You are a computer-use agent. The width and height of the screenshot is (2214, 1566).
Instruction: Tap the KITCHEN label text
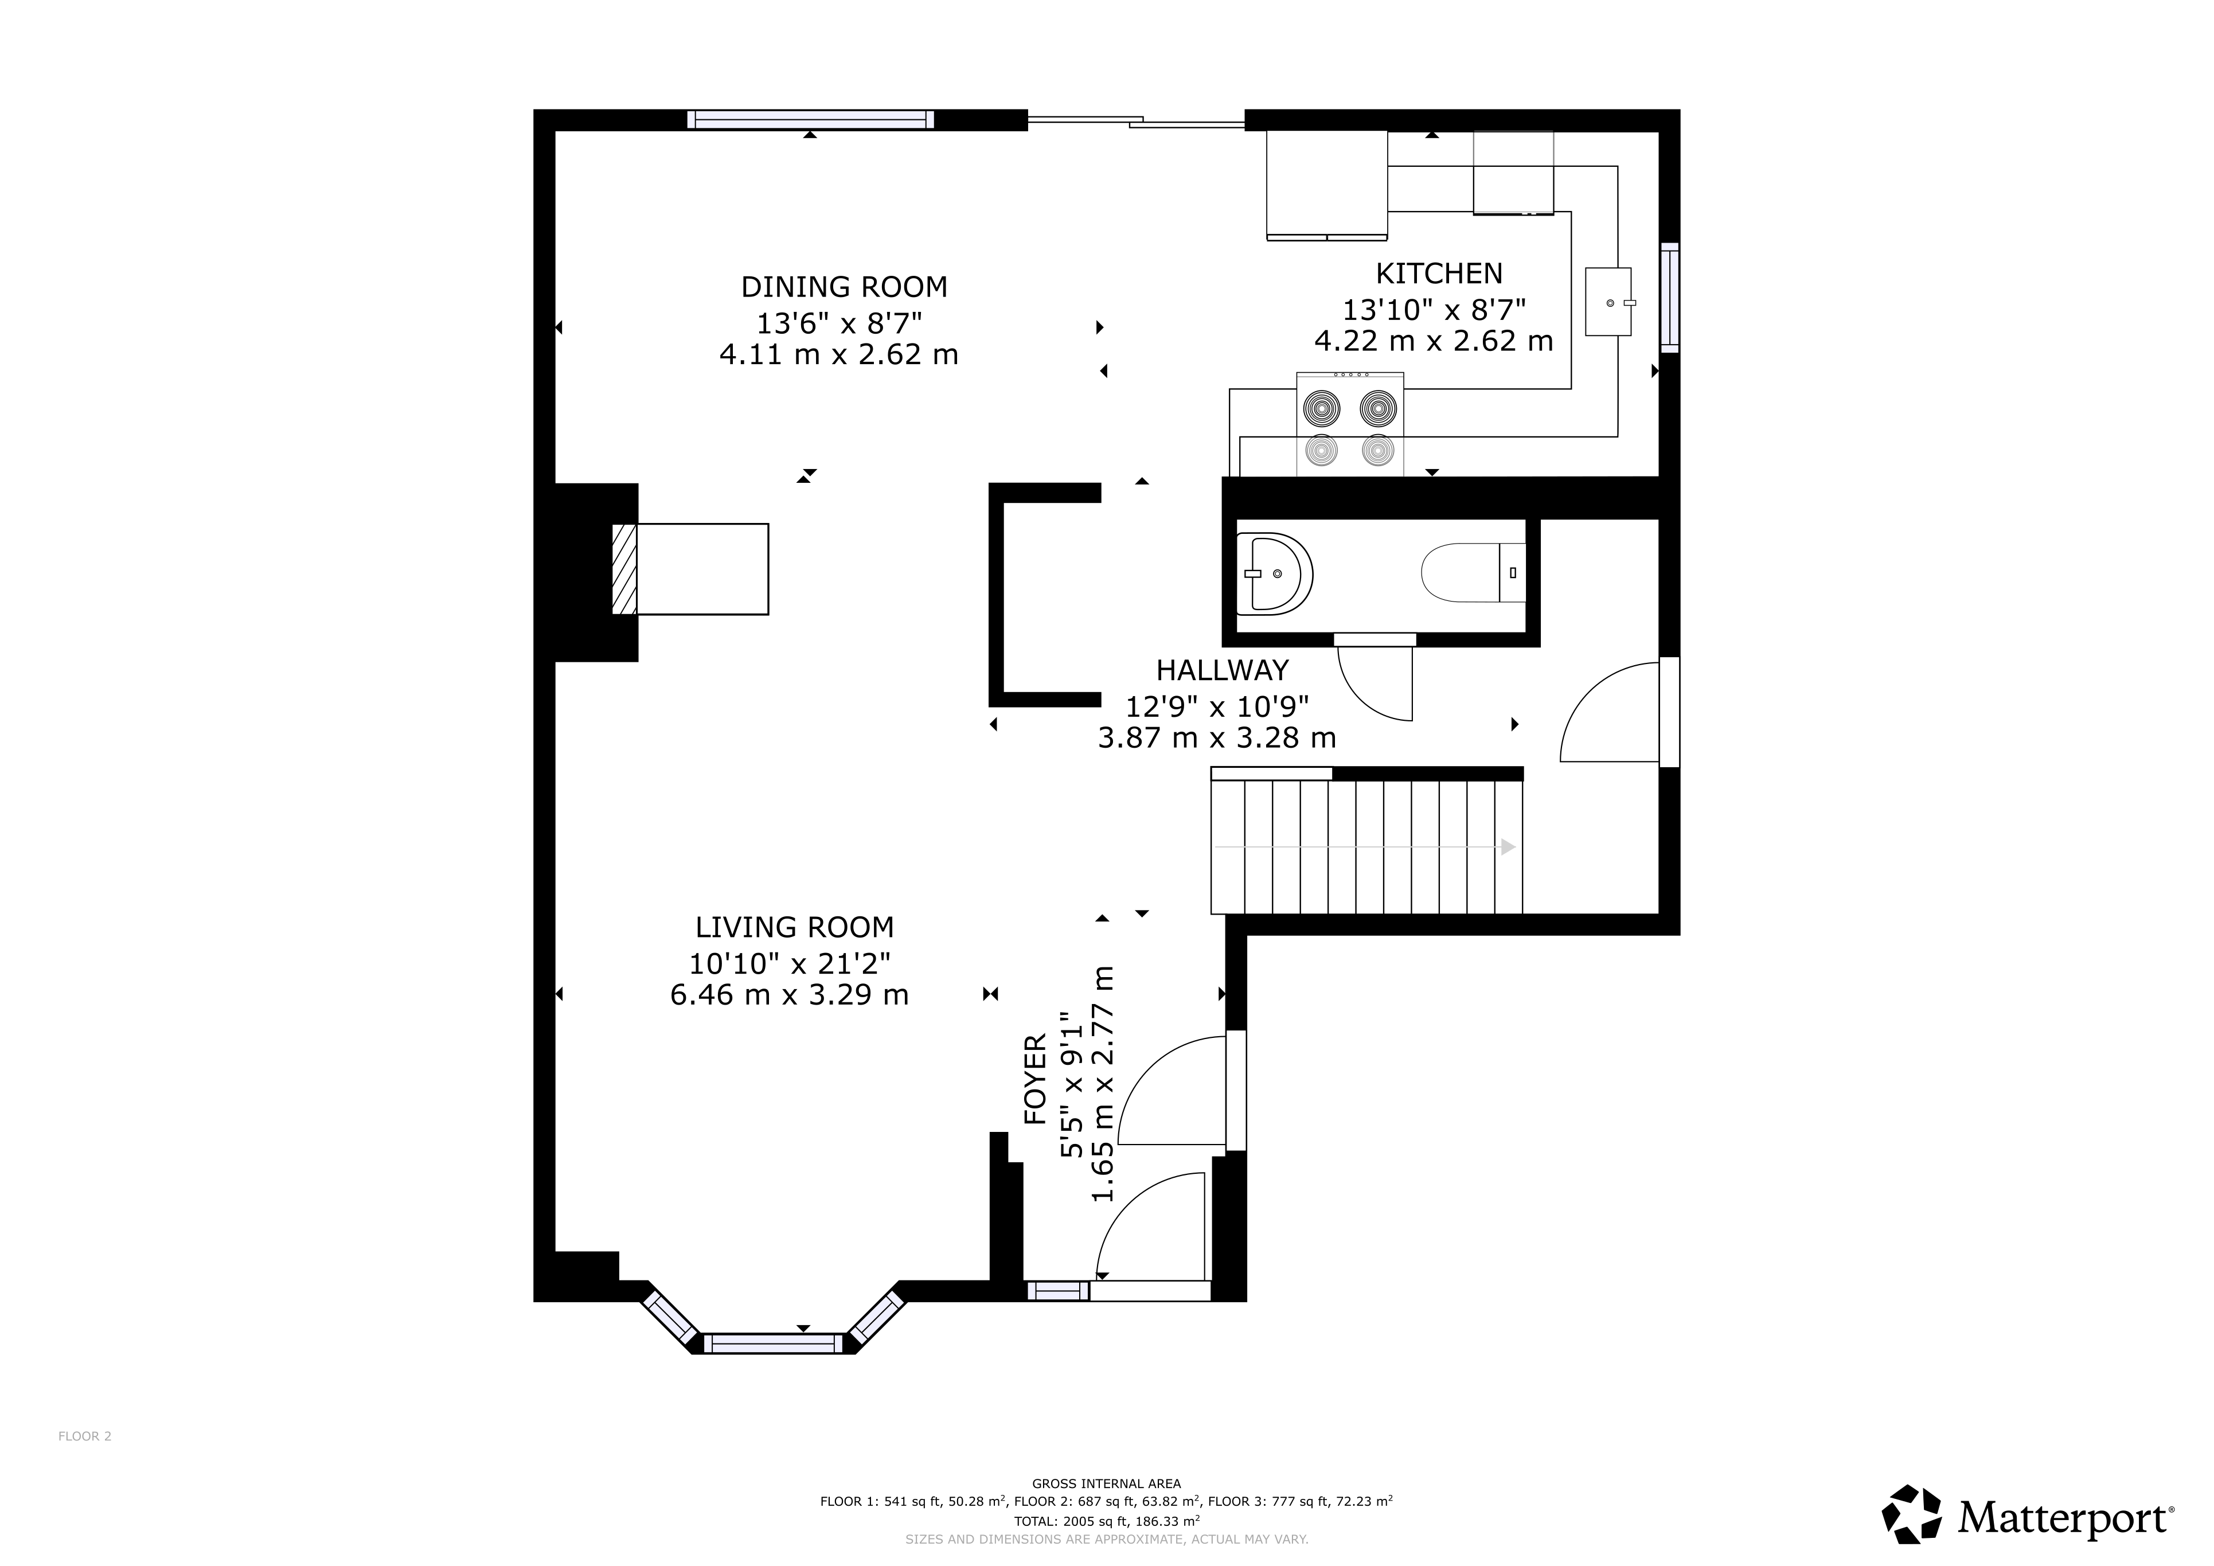click(1439, 274)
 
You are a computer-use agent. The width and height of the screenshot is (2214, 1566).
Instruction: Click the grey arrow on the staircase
click(1364, 846)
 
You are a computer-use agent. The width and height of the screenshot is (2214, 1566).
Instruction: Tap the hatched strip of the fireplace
click(625, 569)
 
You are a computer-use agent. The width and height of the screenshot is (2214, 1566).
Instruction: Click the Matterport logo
click(2028, 1514)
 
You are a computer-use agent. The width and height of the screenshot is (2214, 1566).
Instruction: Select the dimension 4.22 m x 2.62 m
click(1434, 341)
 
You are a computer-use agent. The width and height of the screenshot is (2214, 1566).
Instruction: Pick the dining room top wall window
click(811, 120)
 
